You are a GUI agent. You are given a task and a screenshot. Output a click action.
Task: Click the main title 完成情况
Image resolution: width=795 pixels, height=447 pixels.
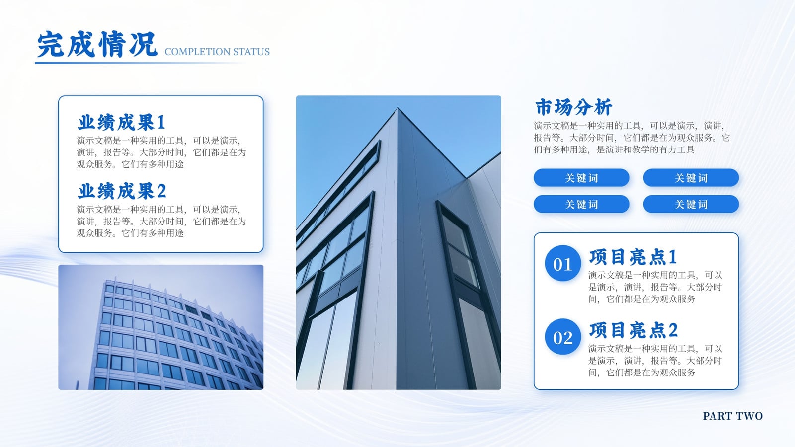97,44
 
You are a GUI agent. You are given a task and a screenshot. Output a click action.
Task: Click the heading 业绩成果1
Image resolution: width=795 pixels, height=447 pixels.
122,122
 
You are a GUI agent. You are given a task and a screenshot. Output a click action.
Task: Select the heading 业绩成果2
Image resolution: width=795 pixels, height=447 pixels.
122,191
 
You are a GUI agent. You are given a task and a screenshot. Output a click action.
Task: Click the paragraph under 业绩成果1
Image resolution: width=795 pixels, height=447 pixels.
161,152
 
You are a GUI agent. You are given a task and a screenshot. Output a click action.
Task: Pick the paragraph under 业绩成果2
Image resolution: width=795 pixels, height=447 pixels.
161,221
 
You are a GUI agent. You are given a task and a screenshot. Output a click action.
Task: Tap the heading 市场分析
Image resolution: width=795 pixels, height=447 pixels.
573,107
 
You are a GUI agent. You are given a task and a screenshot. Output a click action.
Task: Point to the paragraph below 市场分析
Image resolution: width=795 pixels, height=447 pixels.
632,137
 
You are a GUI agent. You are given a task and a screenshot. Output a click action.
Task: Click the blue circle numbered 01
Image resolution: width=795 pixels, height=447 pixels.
563,263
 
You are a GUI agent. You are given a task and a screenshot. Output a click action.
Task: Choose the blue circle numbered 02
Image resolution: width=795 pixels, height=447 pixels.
563,337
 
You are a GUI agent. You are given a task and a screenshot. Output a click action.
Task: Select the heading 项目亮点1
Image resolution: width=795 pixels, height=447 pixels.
633,257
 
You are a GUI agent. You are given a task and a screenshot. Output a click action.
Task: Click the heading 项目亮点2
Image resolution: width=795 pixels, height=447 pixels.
634,330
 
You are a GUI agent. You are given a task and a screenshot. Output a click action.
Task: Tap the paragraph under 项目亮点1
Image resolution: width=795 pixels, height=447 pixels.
655,287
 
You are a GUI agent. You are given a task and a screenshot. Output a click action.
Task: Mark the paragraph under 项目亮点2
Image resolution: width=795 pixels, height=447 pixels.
655,361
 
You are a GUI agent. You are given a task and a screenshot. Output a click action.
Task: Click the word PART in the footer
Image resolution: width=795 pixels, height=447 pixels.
717,416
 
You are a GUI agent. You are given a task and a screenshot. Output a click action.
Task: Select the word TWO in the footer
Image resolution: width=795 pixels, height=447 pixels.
749,416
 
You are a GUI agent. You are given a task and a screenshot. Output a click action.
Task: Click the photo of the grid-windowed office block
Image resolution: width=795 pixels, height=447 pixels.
161,327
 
